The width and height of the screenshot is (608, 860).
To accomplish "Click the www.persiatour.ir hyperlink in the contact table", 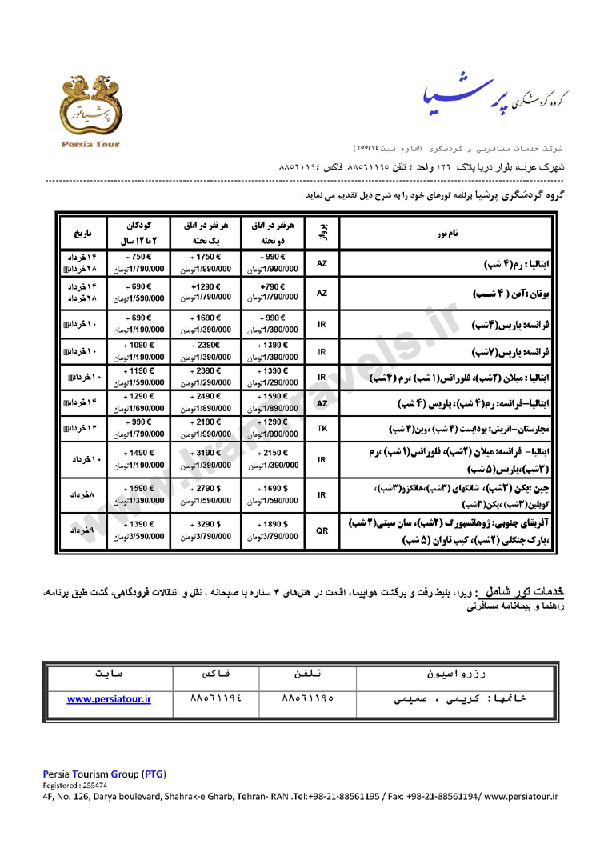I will point(109,698).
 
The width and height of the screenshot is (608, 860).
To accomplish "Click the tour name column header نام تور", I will point(447,233).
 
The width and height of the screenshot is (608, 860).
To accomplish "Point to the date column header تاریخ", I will point(83,234).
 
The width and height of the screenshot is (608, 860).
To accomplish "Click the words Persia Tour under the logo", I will point(90,145).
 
